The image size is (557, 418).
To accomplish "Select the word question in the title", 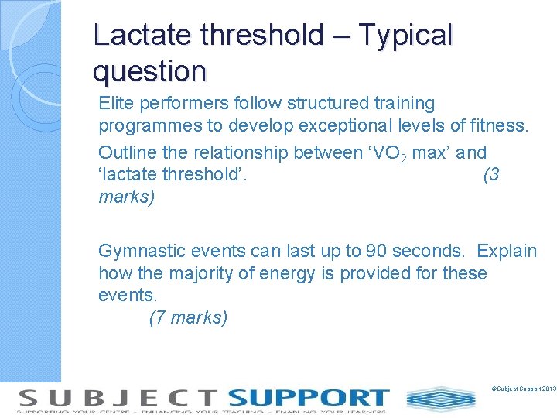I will (149, 71).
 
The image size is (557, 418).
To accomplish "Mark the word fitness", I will (501, 126).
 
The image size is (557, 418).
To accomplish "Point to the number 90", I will (377, 251).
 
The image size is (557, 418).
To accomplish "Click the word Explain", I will (507, 251).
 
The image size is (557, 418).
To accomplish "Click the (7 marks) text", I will (188, 317).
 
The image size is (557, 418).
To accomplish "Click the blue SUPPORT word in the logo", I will (308, 398).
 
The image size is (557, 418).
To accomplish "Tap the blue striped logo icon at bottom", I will (441, 399).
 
